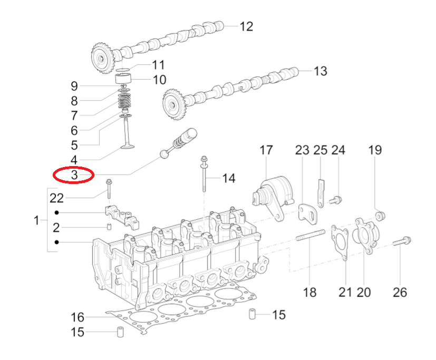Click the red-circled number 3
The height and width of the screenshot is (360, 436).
click(x=74, y=174)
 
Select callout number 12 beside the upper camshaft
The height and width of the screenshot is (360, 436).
click(x=246, y=26)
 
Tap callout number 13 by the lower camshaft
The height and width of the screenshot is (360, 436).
click(x=320, y=71)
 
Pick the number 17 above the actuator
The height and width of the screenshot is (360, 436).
click(x=266, y=150)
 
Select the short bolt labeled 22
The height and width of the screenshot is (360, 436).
click(x=109, y=189)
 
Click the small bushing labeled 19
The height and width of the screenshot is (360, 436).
click(x=380, y=216)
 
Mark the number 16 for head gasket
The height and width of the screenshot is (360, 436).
click(x=77, y=317)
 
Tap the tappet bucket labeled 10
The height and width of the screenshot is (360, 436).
click(x=123, y=80)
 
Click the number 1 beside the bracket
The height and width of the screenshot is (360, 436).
click(x=36, y=220)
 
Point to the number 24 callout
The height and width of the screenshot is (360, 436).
click(x=338, y=150)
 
